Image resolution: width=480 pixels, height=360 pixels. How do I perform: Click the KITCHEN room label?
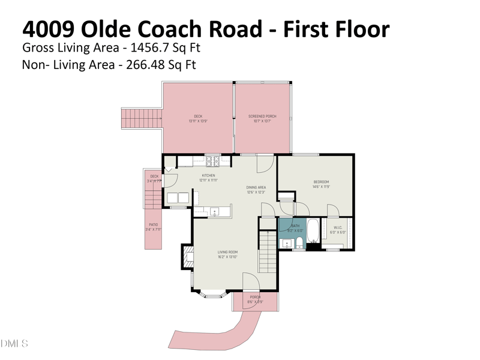(x=208, y=176)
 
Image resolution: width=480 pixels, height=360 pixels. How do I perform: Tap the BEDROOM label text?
(x=321, y=182)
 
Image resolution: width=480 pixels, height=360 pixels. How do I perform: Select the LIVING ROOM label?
(x=227, y=252)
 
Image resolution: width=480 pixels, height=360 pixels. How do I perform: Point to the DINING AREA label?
(x=256, y=187)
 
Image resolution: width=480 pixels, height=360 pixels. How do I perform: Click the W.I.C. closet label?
(x=338, y=227)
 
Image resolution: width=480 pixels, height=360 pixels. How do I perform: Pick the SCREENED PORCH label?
(x=262, y=116)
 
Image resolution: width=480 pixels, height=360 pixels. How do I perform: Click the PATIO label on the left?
(x=153, y=225)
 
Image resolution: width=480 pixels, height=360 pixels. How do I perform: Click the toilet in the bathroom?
(x=299, y=243)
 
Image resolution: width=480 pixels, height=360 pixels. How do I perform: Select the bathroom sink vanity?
(x=286, y=243)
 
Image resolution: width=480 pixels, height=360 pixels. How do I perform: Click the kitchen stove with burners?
(x=213, y=160)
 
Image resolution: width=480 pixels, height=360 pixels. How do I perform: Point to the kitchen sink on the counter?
(x=214, y=211)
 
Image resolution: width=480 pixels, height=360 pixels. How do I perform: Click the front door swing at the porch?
(x=250, y=281)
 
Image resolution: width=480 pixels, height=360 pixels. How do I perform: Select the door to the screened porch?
(x=265, y=163)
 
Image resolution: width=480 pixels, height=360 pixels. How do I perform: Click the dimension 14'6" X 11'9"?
(x=321, y=187)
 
